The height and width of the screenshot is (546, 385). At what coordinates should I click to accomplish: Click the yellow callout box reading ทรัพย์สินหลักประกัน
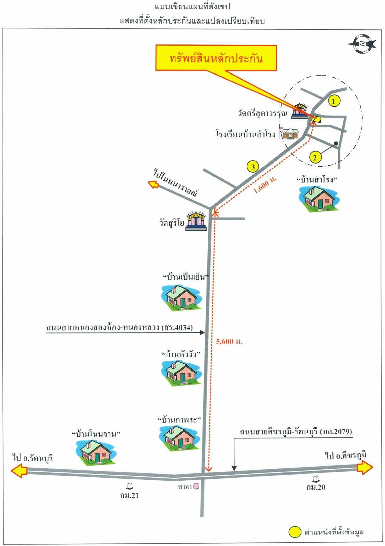coord(216,58)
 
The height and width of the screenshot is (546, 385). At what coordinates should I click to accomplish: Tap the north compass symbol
coord(362,44)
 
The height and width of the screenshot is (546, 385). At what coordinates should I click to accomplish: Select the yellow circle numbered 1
coord(334,101)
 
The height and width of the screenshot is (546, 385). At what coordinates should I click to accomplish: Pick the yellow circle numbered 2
coord(315,158)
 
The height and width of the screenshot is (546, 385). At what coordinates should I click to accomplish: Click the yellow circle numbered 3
coord(253,167)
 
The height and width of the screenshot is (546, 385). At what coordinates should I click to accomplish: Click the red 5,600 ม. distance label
coord(229,341)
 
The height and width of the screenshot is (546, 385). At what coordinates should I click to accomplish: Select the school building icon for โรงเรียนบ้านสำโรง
coord(290,133)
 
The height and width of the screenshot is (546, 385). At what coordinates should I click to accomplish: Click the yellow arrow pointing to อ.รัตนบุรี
coord(19,471)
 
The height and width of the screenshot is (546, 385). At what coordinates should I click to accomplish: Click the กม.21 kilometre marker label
coord(129,495)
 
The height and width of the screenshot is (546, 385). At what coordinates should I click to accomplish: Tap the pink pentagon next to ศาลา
coord(196,486)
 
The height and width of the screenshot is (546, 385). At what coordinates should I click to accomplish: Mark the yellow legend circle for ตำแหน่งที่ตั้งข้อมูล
coord(295,532)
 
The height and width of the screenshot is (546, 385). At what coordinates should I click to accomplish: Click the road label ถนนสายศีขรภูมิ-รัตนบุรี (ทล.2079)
coord(296,432)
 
